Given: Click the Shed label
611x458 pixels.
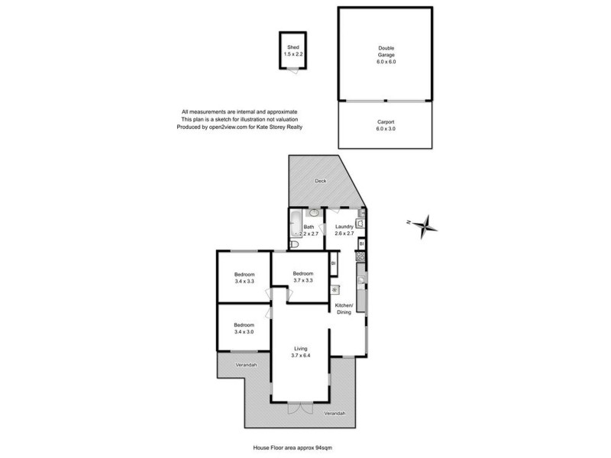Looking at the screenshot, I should (293, 50).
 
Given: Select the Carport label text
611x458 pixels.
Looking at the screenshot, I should (386, 125).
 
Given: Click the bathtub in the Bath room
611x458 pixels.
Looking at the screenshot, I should (295, 226).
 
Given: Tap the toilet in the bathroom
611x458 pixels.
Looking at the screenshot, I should (294, 244).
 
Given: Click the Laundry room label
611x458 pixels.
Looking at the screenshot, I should (344, 229).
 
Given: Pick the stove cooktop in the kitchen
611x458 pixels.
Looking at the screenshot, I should (360, 258).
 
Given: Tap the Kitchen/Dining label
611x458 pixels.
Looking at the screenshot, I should (344, 309).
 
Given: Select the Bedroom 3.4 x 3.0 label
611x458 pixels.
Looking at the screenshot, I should (244, 328).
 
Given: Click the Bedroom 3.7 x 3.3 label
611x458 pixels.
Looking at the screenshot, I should (303, 276).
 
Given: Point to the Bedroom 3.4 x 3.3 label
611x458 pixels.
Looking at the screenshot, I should (244, 278).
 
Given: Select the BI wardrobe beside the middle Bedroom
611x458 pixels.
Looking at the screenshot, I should (333, 263).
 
